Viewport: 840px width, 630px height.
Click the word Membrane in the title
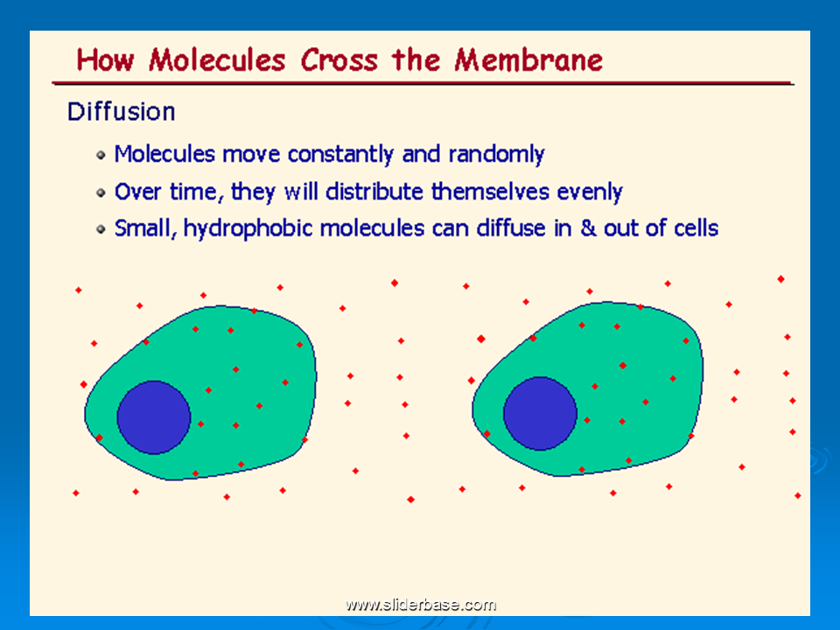click(528, 59)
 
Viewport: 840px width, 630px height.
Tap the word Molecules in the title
click(217, 59)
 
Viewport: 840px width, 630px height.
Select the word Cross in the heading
click(339, 59)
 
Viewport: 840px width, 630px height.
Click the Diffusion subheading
click(121, 112)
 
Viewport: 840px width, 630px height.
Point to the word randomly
click(497, 155)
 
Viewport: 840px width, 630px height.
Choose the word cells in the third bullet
click(696, 228)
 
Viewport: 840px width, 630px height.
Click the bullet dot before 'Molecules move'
click(101, 156)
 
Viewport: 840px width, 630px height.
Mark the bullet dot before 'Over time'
click(101, 192)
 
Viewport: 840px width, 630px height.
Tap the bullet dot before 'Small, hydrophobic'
click(101, 229)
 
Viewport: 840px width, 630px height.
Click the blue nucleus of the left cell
click(154, 417)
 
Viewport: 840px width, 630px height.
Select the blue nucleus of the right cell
click(540, 414)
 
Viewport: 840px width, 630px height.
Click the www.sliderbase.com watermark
click(421, 605)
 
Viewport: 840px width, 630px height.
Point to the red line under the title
click(423, 83)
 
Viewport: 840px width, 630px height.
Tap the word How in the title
click(105, 59)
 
